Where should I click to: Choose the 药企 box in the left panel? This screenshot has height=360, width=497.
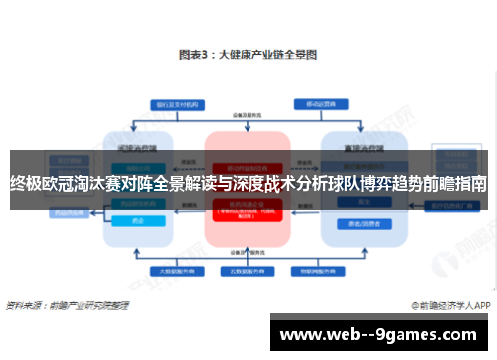[x=138, y=222]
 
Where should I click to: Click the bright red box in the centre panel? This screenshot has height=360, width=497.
[x=247, y=210]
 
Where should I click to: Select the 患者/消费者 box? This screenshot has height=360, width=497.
[x=361, y=222]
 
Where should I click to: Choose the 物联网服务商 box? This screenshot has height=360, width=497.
[x=316, y=270]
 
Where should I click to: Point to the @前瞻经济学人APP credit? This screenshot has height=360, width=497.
[x=449, y=305]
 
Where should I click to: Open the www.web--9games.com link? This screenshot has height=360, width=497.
[x=383, y=334]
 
